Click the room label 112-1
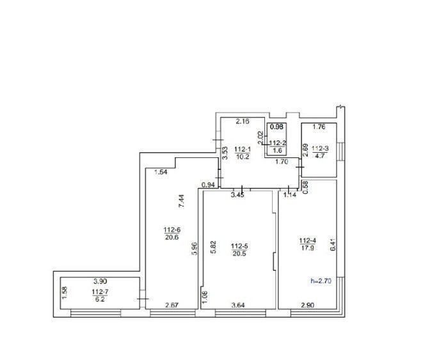coord(243,150)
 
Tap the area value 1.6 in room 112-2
coord(277,150)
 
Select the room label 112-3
coord(320,148)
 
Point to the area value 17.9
coord(308,247)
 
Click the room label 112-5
coord(239,246)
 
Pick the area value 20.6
coord(172,237)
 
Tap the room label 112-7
coord(100,292)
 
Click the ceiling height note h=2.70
coord(321,281)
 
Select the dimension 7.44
coord(181,201)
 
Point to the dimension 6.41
coord(333,244)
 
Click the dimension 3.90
coord(100,281)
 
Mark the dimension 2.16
coord(243,121)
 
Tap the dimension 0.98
coord(277,127)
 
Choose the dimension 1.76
coord(319,127)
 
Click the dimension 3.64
coord(238,305)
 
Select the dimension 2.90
coord(307,305)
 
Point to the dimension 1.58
coord(65,293)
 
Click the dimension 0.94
coord(208,185)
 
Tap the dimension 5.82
coord(213,247)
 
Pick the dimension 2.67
coord(172,305)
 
